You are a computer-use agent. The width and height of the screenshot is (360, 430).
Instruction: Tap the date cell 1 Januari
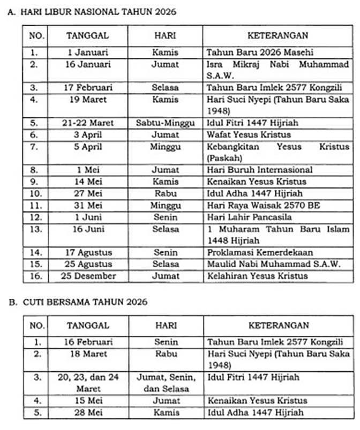point(88,53)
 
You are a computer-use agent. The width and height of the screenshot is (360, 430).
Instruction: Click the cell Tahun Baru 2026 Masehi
point(260,53)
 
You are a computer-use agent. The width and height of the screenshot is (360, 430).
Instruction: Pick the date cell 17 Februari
point(88,88)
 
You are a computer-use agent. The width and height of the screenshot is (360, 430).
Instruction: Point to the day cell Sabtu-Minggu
point(166,123)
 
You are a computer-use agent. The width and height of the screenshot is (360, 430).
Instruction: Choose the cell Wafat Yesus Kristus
point(249,135)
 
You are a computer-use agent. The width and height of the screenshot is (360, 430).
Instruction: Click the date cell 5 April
point(88,147)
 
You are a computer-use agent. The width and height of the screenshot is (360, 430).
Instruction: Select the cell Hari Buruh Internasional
point(260,170)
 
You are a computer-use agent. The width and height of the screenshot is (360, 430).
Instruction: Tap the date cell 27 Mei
point(88,194)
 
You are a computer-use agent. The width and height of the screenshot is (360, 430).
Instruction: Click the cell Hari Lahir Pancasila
point(250,217)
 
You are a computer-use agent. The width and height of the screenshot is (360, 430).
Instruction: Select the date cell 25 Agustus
point(88,265)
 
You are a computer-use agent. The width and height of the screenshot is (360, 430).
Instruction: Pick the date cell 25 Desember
point(88,276)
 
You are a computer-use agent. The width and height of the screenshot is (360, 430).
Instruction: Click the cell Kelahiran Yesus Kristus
point(257,276)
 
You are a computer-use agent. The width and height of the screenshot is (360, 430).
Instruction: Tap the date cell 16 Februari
point(88,342)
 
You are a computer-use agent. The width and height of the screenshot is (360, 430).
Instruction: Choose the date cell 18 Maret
point(88,354)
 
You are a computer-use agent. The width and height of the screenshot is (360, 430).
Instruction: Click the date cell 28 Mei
point(88,413)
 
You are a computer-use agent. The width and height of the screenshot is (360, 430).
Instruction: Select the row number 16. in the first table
point(35,276)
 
